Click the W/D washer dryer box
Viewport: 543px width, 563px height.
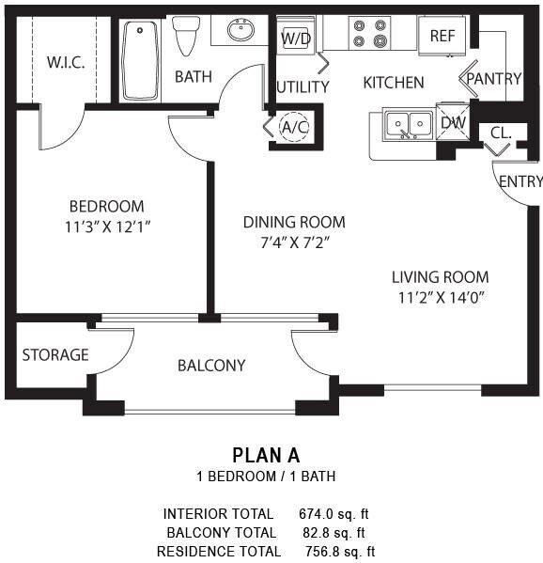point(295,38)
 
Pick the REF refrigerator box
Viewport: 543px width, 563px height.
point(442,36)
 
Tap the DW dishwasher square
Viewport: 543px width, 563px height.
point(452,121)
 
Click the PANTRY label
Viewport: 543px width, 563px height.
point(494,79)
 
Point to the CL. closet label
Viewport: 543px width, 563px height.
point(501,133)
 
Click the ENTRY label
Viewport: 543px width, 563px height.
point(520,181)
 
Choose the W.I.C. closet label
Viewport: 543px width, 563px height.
point(66,63)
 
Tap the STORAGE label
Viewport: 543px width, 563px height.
point(55,354)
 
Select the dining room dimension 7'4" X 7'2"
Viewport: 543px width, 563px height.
point(294,242)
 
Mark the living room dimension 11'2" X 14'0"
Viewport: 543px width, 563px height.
point(440,297)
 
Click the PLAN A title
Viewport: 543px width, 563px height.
point(266,455)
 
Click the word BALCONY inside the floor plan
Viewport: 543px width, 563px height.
point(211,365)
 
